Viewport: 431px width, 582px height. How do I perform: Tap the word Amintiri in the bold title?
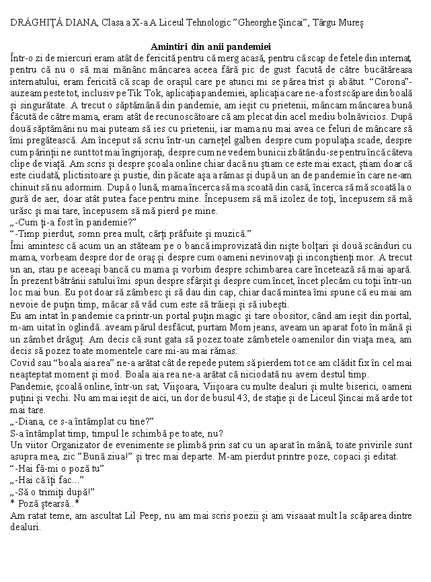pyautogui.click(x=172, y=46)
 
